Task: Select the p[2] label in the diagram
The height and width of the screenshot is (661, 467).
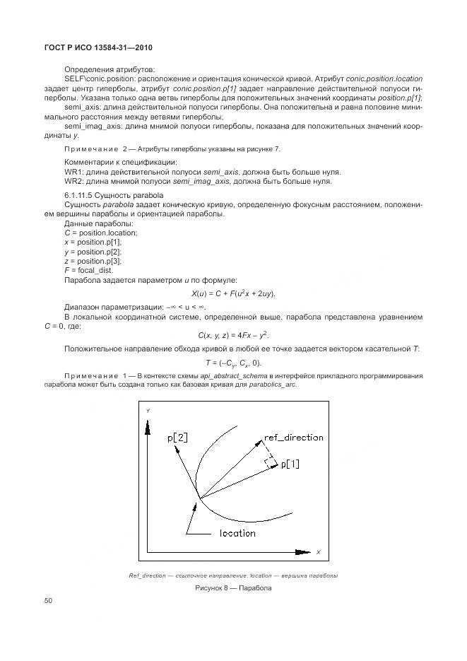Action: pyautogui.click(x=177, y=438)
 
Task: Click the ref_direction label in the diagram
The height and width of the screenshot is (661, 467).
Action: pyautogui.click(x=293, y=438)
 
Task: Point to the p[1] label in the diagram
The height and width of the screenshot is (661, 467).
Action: pyautogui.click(x=290, y=464)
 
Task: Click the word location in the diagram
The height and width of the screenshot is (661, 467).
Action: pyautogui.click(x=237, y=533)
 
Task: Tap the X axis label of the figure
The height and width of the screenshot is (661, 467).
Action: pyautogui.click(x=318, y=551)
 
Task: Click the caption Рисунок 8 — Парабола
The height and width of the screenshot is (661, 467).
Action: pyautogui.click(x=233, y=587)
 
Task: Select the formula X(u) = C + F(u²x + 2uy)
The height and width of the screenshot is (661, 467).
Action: pyautogui.click(x=233, y=293)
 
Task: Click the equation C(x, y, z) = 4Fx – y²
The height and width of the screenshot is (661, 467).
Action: pyautogui.click(x=233, y=334)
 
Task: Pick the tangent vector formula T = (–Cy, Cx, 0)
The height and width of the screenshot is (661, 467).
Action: pyautogui.click(x=233, y=362)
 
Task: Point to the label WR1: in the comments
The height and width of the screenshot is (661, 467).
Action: pyautogui.click(x=74, y=172)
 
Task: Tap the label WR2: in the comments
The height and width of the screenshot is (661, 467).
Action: pyautogui.click(x=74, y=181)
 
